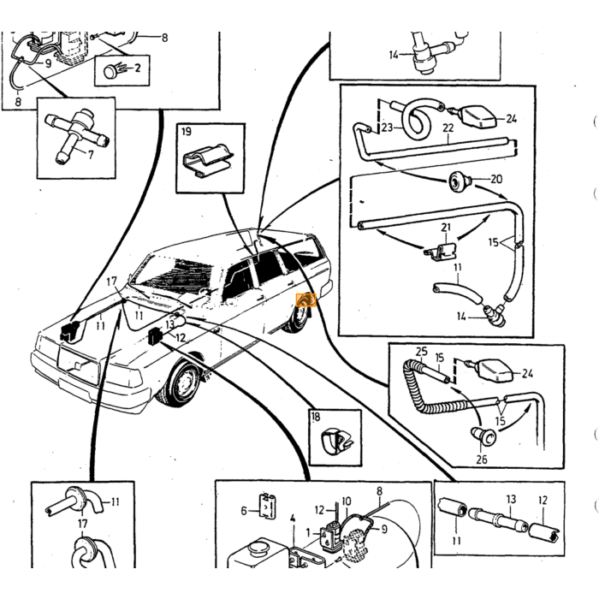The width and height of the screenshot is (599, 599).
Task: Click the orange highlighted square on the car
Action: [x=306, y=300]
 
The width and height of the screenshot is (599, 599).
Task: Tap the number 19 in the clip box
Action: [x=187, y=132]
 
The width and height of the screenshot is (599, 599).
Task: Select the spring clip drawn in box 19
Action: [x=208, y=161]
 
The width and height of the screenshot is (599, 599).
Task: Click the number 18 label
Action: [x=316, y=417]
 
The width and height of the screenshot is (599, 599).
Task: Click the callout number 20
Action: [x=496, y=179]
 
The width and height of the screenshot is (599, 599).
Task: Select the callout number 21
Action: [x=446, y=228]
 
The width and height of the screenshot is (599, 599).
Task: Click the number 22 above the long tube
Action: [x=448, y=128]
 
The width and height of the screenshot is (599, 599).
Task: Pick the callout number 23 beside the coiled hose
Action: [x=387, y=127]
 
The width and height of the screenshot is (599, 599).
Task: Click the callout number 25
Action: [x=421, y=352]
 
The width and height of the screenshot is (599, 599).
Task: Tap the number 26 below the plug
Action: [x=482, y=459]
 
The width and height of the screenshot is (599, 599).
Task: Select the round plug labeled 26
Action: [x=483, y=436]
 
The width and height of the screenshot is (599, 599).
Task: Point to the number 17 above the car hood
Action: [x=111, y=282]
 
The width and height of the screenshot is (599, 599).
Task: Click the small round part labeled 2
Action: [x=111, y=71]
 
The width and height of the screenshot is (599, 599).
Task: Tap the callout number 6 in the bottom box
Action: [x=244, y=510]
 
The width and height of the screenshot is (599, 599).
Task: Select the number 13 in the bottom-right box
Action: [x=511, y=499]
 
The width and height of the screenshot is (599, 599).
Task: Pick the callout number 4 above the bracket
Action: [x=293, y=519]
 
